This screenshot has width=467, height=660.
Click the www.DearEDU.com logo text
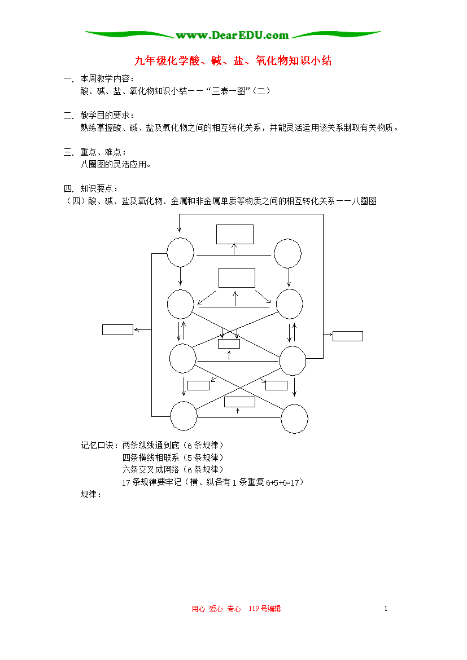[232, 36]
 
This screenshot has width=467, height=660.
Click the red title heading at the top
[233, 60]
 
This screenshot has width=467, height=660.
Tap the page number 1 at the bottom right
[386, 609]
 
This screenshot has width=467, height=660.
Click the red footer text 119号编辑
[265, 609]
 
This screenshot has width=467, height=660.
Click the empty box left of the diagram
[117, 329]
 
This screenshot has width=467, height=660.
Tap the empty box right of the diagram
[348, 336]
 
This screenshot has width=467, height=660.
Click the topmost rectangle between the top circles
[235, 235]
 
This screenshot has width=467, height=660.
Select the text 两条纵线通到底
[151, 445]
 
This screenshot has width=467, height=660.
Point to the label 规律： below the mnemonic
[91, 495]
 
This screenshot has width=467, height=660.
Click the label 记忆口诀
[97, 445]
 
